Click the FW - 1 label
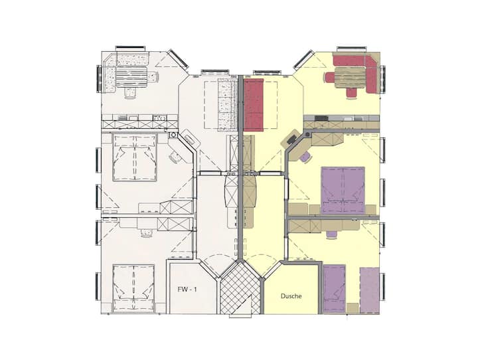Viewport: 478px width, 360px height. (x=187, y=290)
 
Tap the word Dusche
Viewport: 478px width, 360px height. (x=291, y=296)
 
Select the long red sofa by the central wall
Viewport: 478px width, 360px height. (x=254, y=105)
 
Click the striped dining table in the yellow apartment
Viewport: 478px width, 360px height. (x=350, y=78)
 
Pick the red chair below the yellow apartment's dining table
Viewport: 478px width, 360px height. (x=351, y=93)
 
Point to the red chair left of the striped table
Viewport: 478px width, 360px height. (x=330, y=77)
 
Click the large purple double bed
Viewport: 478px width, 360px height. (x=343, y=190)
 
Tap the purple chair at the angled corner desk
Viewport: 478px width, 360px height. (x=305, y=157)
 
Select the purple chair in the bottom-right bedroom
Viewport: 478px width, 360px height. (x=332, y=234)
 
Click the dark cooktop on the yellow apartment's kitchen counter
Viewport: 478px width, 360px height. (x=321, y=118)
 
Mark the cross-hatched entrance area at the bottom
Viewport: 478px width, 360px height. (x=240, y=288)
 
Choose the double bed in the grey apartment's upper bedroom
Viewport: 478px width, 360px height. (x=135, y=157)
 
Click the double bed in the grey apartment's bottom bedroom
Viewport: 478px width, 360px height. (x=133, y=288)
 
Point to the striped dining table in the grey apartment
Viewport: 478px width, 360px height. (x=132, y=77)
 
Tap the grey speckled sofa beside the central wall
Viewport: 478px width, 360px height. (x=228, y=105)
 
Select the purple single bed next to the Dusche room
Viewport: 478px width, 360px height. (x=335, y=289)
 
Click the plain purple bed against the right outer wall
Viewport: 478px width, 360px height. (x=370, y=290)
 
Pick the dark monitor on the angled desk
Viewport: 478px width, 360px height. (x=291, y=139)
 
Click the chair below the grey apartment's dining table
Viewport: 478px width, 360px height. (x=131, y=93)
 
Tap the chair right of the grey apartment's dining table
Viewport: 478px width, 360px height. (x=153, y=77)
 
